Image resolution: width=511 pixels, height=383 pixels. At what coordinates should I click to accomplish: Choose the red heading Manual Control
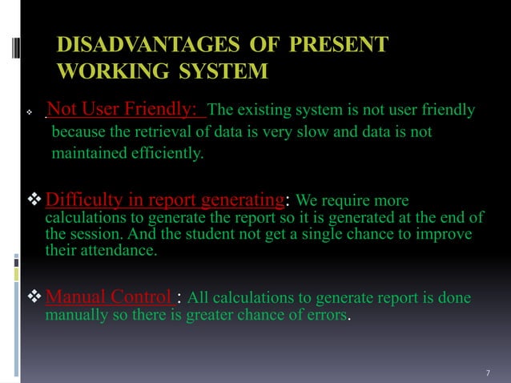[x=111, y=299]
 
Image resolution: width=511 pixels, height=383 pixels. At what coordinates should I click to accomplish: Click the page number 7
[x=489, y=373]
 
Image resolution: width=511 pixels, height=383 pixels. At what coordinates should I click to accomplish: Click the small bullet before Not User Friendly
[x=29, y=112]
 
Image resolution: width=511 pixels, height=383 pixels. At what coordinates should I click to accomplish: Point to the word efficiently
[x=165, y=152]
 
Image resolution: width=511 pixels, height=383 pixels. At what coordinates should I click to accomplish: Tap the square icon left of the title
[x=30, y=58]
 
